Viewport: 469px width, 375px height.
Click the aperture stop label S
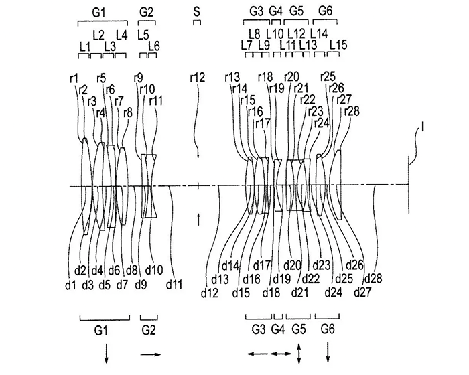pos(196,11)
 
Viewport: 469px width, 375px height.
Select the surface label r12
pos(197,78)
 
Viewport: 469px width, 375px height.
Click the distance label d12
pos(210,293)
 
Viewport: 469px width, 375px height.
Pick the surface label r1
pos(74,78)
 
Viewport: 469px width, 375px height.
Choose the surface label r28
pos(352,110)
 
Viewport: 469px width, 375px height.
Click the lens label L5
pos(142,34)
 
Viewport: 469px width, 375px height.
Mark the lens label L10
pos(275,33)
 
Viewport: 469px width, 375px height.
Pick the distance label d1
pos(70,284)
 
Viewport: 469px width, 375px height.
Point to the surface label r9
pos(139,78)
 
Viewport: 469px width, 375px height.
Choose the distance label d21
pos(299,292)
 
